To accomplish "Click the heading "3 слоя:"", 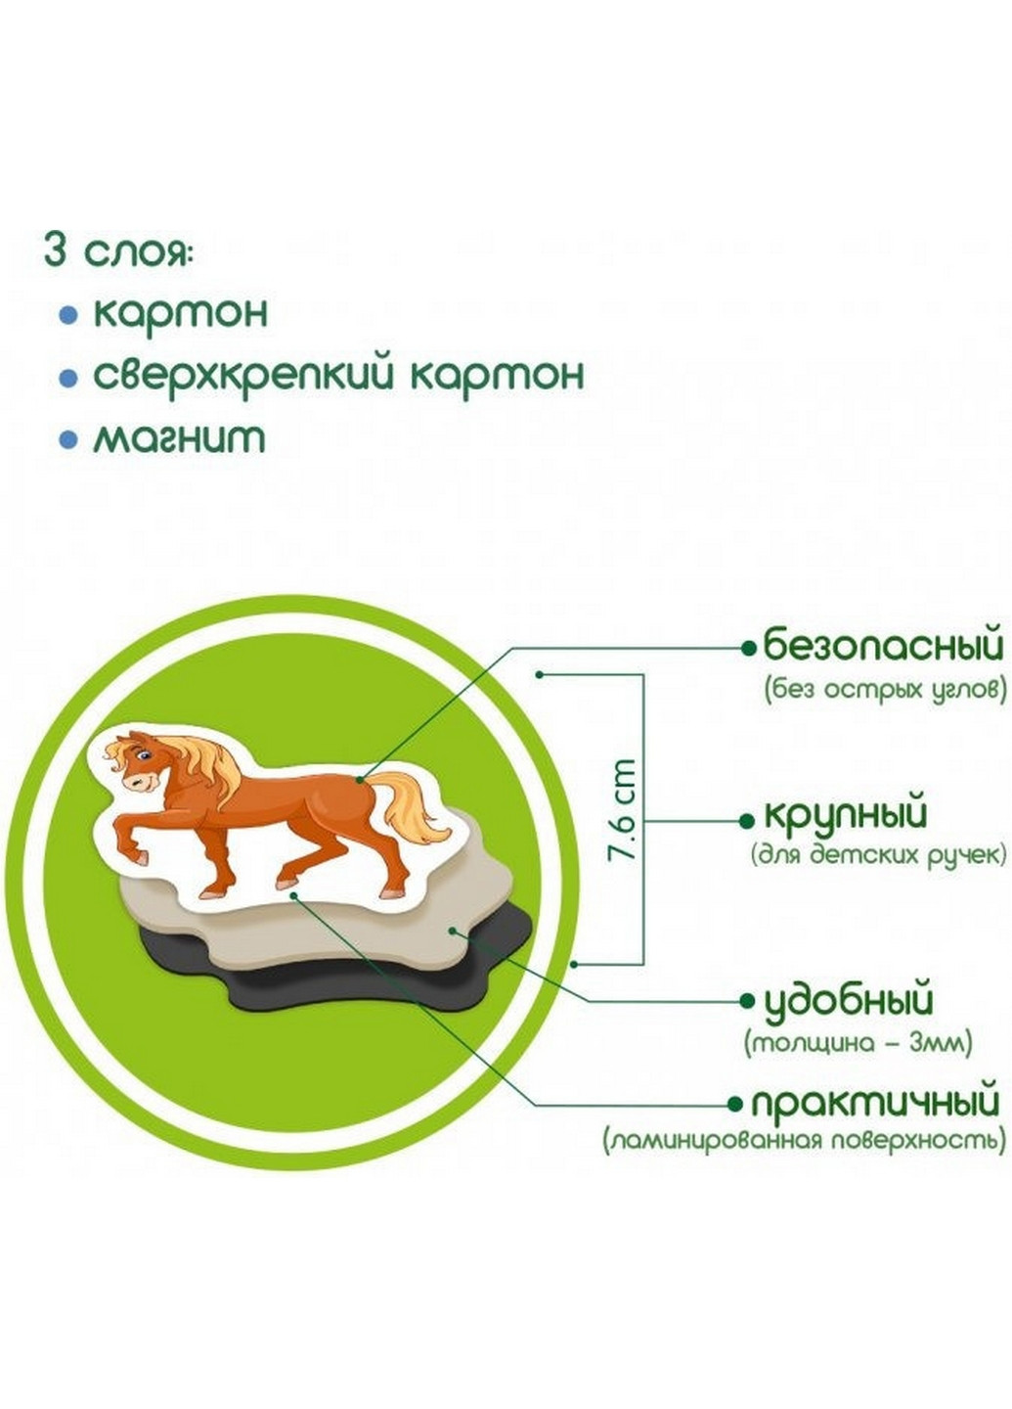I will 118,251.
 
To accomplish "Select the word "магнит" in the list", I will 179,437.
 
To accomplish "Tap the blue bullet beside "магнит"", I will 67,439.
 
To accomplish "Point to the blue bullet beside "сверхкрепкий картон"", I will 67,377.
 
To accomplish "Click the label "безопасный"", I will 883,647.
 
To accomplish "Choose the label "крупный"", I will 845,814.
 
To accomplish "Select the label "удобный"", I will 848,1000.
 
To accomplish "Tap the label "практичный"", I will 875,1104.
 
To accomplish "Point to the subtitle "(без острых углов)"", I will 885,689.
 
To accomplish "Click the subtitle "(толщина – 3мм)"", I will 858,1043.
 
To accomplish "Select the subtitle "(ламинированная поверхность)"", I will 804,1141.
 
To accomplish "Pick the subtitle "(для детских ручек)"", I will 878,855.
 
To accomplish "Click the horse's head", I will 136,763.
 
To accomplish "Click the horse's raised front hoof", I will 141,857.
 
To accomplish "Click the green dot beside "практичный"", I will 735,1105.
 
